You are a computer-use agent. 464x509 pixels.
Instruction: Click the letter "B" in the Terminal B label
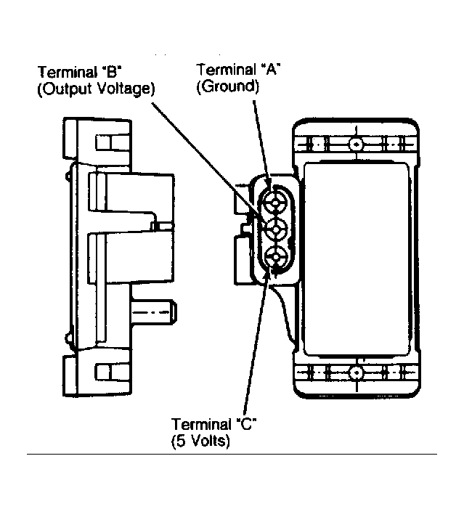(111, 72)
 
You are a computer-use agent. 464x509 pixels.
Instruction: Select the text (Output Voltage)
(96, 89)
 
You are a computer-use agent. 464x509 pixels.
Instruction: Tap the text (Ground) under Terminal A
(227, 86)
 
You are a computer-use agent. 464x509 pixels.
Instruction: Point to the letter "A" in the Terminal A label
(270, 70)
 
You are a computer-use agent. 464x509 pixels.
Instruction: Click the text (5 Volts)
(200, 441)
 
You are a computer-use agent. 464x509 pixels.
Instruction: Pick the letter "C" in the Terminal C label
(246, 424)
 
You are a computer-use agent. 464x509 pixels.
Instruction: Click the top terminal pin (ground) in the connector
(275, 203)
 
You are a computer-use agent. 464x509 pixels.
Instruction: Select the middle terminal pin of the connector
(275, 229)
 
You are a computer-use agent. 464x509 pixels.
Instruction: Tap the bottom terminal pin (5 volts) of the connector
(275, 257)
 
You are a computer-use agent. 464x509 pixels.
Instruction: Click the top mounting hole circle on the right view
(357, 144)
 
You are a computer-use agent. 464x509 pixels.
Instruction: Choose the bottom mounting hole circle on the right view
(357, 372)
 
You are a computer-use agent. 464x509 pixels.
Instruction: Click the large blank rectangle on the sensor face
(357, 258)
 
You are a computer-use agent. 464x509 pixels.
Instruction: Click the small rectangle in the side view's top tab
(107, 142)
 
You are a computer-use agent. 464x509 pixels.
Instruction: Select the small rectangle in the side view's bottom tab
(107, 372)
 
